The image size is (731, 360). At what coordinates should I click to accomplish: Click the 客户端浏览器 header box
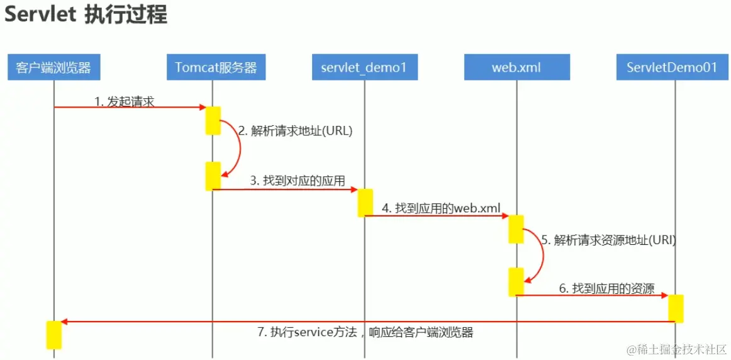point(54,67)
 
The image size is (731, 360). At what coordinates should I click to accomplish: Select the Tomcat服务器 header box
point(216,67)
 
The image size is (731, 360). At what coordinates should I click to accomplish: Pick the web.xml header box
point(516,67)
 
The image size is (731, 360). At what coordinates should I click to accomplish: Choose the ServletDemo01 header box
point(672,67)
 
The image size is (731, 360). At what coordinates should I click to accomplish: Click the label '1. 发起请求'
point(124,101)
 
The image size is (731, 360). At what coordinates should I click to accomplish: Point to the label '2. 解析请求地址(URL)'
point(295,132)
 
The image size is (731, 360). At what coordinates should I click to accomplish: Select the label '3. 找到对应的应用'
point(298,181)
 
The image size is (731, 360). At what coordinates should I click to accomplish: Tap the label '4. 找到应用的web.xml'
point(439,208)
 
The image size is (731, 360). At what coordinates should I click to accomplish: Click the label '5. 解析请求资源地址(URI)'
point(608,240)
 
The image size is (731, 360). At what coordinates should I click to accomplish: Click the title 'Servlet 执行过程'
point(86,15)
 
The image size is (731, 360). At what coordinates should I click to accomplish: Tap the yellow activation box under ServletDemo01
point(676,308)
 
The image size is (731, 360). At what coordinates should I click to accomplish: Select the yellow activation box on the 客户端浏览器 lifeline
point(54,335)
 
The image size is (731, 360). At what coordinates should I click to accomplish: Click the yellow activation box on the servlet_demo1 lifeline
point(365,203)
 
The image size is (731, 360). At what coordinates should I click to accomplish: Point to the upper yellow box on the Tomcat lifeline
point(213,120)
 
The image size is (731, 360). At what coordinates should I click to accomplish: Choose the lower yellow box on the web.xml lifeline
point(516,282)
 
